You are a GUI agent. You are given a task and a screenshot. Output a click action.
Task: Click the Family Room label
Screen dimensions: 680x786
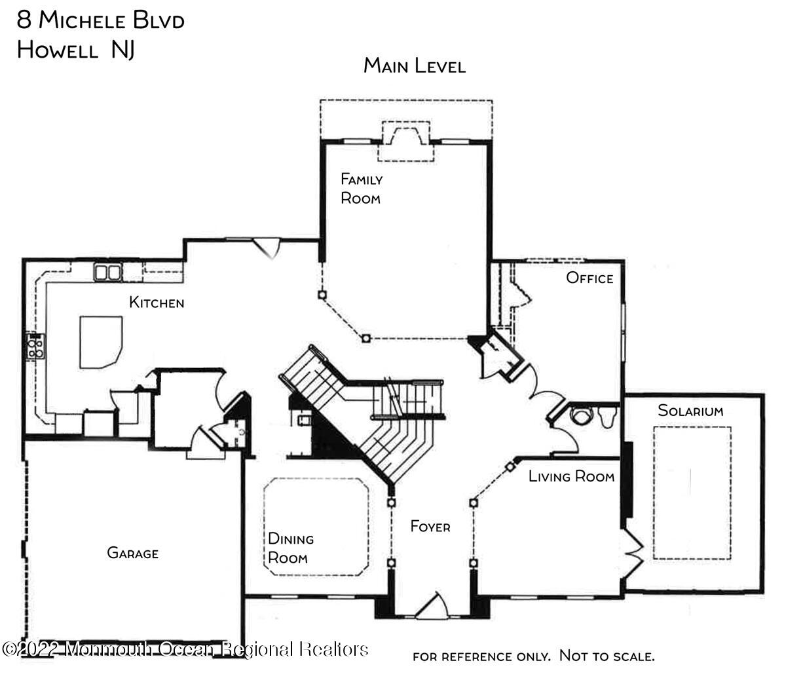361,189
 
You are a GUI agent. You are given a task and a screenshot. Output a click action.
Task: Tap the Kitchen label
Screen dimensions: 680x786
157,303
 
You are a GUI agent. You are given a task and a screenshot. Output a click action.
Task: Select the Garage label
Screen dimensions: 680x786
132,554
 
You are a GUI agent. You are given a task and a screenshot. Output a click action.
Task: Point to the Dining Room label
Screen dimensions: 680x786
291,548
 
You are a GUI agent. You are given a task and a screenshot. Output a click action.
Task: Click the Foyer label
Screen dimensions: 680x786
430,527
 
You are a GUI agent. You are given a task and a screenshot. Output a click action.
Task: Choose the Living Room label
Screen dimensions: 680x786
571,476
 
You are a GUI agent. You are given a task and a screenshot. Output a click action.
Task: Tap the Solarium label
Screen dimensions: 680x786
690,411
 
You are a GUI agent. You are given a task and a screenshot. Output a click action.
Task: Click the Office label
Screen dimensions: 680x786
589,278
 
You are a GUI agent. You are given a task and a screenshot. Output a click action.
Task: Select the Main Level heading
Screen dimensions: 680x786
415,66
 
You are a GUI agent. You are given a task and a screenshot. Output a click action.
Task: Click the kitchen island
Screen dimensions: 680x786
100,341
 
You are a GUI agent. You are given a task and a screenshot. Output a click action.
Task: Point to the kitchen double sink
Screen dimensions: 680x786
108,272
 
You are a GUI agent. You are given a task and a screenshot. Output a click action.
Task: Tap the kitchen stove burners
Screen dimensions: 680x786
35,346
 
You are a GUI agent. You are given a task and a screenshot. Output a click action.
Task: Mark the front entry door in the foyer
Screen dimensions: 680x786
432,607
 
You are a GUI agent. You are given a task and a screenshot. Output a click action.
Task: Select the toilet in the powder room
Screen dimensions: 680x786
607,416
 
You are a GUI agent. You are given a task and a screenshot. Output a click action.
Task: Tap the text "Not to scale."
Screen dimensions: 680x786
607,656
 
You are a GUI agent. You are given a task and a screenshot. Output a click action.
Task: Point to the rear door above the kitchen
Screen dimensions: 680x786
267,248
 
